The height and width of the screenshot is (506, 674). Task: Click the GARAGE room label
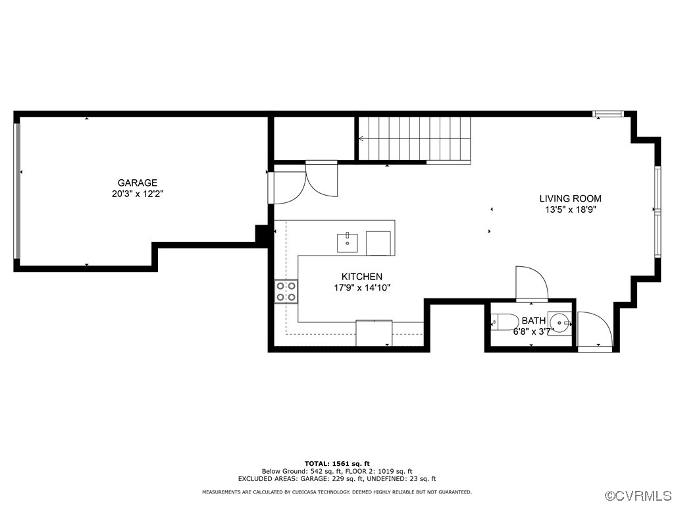[x=137, y=183]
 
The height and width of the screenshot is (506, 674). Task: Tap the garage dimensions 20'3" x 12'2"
[x=137, y=194]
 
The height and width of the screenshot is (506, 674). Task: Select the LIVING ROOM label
[x=570, y=198]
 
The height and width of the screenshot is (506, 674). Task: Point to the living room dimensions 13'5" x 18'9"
[x=570, y=210]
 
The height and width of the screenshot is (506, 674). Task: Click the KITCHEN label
[x=361, y=277]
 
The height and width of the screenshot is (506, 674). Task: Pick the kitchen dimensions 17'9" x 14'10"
[x=361, y=288]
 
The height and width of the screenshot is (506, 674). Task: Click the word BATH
[x=533, y=321]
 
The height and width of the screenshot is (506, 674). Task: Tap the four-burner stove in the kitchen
[x=286, y=291]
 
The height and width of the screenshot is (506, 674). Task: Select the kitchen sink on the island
[x=347, y=241]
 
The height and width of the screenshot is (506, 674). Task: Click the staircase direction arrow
[x=363, y=138]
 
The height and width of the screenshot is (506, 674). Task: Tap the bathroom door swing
[x=531, y=283]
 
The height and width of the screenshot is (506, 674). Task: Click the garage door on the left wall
[x=18, y=191]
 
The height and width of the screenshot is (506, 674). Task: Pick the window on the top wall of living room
[x=608, y=115]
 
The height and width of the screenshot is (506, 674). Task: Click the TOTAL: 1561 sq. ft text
[x=337, y=463]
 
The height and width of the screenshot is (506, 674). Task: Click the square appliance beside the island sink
[x=378, y=242]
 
